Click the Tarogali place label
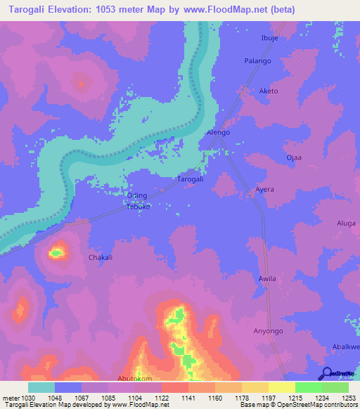190,179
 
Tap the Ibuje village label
270,38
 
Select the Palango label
257,61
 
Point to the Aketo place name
269,91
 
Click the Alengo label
218,132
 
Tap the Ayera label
264,190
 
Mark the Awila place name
267,279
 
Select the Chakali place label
101,258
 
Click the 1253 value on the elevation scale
349,398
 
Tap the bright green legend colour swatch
309,387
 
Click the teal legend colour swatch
41,387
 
